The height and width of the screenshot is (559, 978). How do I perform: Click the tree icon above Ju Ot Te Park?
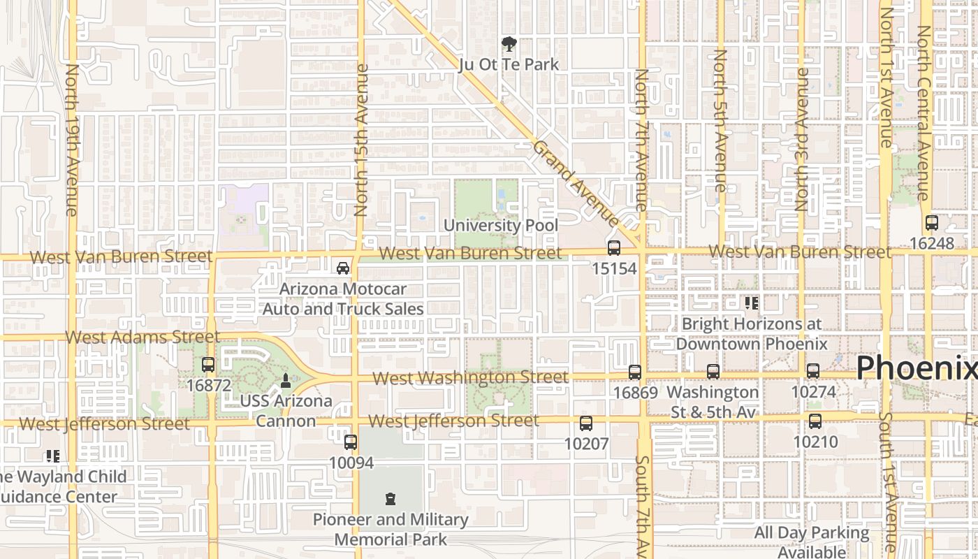pyautogui.click(x=509, y=45)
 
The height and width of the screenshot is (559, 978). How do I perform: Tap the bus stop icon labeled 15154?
pyautogui.click(x=614, y=248)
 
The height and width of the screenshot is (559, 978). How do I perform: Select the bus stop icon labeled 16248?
pyautogui.click(x=931, y=223)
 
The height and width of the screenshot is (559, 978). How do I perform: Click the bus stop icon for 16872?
pyautogui.click(x=208, y=364)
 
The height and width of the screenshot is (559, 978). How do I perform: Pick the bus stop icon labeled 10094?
pyautogui.click(x=351, y=442)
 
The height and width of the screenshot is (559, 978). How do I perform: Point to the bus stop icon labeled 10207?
pyautogui.click(x=586, y=423)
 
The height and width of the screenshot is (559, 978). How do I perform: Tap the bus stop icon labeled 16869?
pyautogui.click(x=635, y=372)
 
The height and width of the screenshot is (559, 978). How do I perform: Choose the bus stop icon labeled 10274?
pyautogui.click(x=813, y=371)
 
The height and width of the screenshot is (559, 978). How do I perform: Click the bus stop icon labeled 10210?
pyautogui.click(x=815, y=421)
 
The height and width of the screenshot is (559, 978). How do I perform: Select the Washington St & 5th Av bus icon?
pyautogui.click(x=713, y=372)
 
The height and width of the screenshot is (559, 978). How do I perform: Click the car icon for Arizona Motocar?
pyautogui.click(x=343, y=268)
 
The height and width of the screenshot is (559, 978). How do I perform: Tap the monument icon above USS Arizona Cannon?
pyautogui.click(x=285, y=381)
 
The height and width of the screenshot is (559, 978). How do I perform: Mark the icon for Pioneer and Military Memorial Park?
pyautogui.click(x=391, y=499)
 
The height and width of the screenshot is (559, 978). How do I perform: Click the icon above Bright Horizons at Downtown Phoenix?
pyautogui.click(x=752, y=303)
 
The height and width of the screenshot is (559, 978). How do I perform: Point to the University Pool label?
pyautogui.click(x=501, y=226)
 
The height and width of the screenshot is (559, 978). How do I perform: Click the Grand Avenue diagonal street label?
pyautogui.click(x=576, y=184)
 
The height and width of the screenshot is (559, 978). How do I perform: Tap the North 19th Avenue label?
pyautogui.click(x=71, y=140)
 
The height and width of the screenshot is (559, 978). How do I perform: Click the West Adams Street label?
pyautogui.click(x=143, y=337)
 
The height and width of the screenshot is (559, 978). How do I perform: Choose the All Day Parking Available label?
pyautogui.click(x=812, y=542)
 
